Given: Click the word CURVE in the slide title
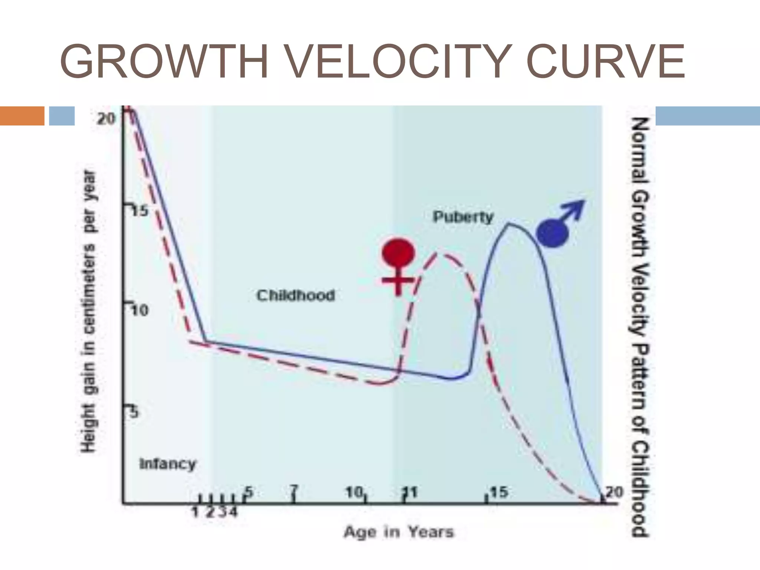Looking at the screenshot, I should point(605,62).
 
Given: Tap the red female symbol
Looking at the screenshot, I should point(398,265).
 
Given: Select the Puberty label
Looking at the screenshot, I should point(463,216).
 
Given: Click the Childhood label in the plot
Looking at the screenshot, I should point(296,295).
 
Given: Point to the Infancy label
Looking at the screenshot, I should point(167,464).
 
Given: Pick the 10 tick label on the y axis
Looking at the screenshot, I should point(140,310).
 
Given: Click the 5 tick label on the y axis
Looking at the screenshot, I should point(134,413).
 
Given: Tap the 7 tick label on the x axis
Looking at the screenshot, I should point(294,492).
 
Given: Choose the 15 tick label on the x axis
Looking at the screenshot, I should point(499,492).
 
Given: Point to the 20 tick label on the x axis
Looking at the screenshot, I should point(614,492).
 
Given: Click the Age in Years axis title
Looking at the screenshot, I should point(399,532).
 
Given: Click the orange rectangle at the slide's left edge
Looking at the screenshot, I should point(22,116).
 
